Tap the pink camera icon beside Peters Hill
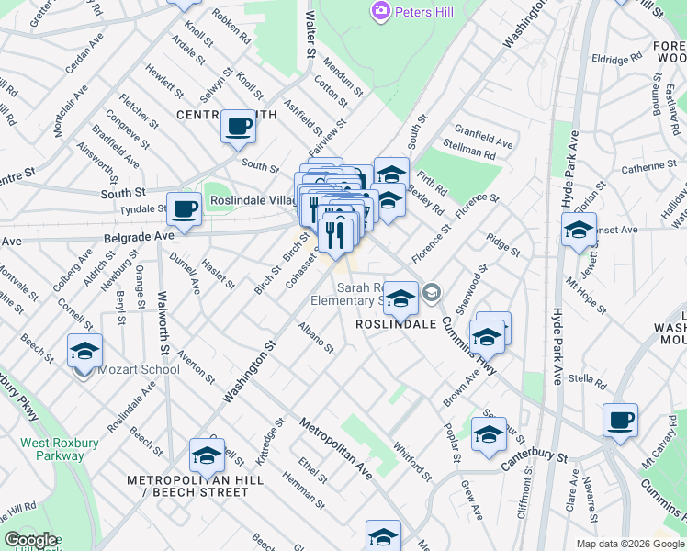(x=379, y=10)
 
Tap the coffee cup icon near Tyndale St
(x=184, y=209)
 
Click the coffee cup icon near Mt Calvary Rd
(x=620, y=421)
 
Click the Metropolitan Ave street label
(x=337, y=447)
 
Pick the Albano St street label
(x=315, y=337)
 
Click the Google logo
(x=30, y=540)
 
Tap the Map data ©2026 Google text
(x=630, y=544)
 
